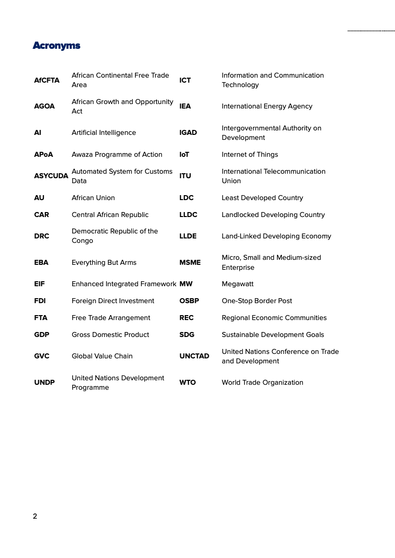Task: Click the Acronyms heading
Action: (x=56, y=46)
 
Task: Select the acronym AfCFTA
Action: (x=47, y=80)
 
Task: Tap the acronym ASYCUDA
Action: (x=51, y=176)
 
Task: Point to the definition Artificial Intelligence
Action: (x=104, y=133)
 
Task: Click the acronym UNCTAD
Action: (x=194, y=356)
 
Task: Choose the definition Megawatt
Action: (x=238, y=284)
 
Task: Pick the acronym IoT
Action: (x=184, y=155)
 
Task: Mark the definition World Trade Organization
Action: (x=263, y=383)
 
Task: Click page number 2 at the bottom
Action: (x=35, y=516)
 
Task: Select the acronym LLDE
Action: (x=188, y=236)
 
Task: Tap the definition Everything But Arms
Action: (x=104, y=263)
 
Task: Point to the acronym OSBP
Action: (x=189, y=301)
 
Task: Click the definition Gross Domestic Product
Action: (x=111, y=335)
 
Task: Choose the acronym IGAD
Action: (x=188, y=133)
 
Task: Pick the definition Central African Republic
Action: (x=110, y=215)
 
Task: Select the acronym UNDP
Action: (x=44, y=383)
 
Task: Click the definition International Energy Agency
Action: (x=267, y=107)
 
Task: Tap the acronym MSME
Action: (x=190, y=263)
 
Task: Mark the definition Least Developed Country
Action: (x=263, y=198)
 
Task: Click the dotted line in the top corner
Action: (x=371, y=31)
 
